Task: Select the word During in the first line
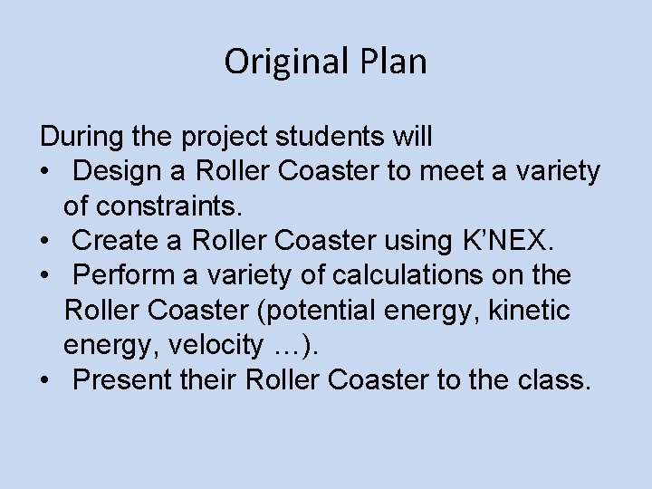coord(76,138)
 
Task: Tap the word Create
coord(113,241)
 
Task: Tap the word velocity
coord(202,345)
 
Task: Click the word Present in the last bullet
coord(119,379)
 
